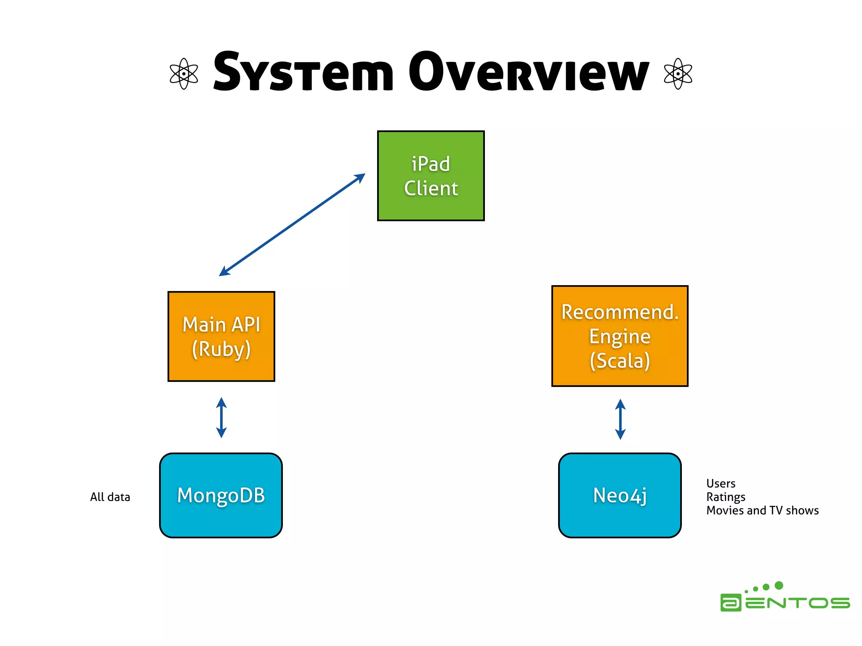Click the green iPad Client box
pyautogui.click(x=431, y=176)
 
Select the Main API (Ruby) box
pyautogui.click(x=221, y=336)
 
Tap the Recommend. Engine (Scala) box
pyautogui.click(x=620, y=336)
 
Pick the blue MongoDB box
pyautogui.click(x=221, y=495)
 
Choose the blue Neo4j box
pyautogui.click(x=620, y=495)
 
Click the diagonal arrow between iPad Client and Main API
pyautogui.click(x=292, y=225)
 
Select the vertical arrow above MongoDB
pyautogui.click(x=221, y=418)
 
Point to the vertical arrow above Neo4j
pyautogui.click(x=620, y=419)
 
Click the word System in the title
pyautogui.click(x=303, y=72)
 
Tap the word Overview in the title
pyautogui.click(x=529, y=72)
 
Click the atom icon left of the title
pyautogui.click(x=184, y=74)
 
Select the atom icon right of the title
pyautogui.click(x=678, y=74)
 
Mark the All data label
pyautogui.click(x=110, y=497)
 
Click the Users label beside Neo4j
pyautogui.click(x=721, y=484)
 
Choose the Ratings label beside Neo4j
pyautogui.click(x=726, y=497)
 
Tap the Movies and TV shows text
pyautogui.click(x=762, y=511)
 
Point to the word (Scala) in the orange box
pyautogui.click(x=620, y=361)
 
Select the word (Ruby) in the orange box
pyautogui.click(x=221, y=349)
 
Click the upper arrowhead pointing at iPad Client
pyautogui.click(x=360, y=177)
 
